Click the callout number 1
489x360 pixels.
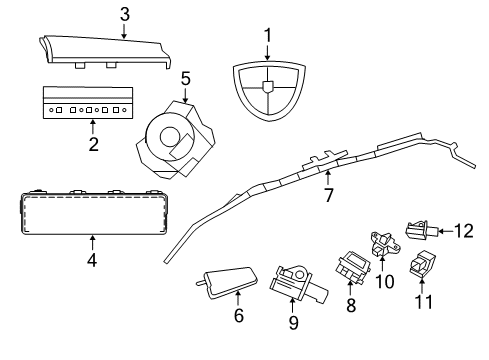[x=267, y=36]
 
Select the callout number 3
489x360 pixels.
[x=124, y=14]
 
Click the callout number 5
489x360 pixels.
[x=185, y=77]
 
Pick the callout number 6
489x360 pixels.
[x=239, y=316]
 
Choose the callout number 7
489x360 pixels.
[x=327, y=194]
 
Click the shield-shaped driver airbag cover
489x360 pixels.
[x=267, y=91]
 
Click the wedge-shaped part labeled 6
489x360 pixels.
[x=230, y=284]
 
